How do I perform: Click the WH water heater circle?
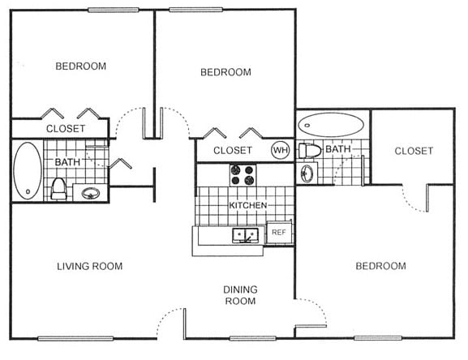tap(280, 150)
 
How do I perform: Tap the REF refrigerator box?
tap(278, 233)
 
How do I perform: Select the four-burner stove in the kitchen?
tap(243, 174)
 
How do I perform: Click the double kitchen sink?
tap(245, 235)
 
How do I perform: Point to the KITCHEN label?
tap(247, 206)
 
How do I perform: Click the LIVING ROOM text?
tap(89, 266)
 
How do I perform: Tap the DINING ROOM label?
tap(240, 295)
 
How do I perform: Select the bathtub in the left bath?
tap(27, 170)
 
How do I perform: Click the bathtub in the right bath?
tap(331, 124)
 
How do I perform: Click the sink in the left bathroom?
tap(90, 193)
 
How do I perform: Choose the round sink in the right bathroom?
tap(307, 173)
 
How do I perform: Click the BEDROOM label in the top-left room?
tap(80, 66)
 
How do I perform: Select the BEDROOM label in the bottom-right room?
tap(380, 266)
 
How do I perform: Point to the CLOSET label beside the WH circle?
tap(233, 151)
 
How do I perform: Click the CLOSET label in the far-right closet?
tap(414, 151)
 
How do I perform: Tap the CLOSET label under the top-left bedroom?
tap(65, 128)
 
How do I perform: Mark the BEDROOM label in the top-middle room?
tap(225, 72)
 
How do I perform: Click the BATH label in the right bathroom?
tap(337, 149)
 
